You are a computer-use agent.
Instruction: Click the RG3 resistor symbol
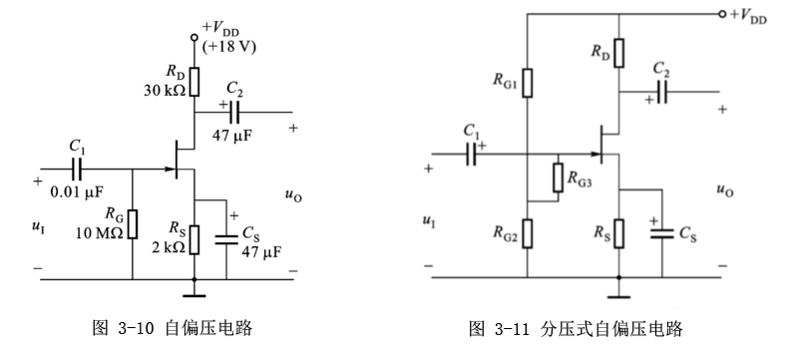557,177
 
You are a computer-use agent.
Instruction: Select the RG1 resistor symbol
527,81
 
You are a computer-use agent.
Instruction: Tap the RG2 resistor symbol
527,233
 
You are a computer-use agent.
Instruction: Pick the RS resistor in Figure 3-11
619,232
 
